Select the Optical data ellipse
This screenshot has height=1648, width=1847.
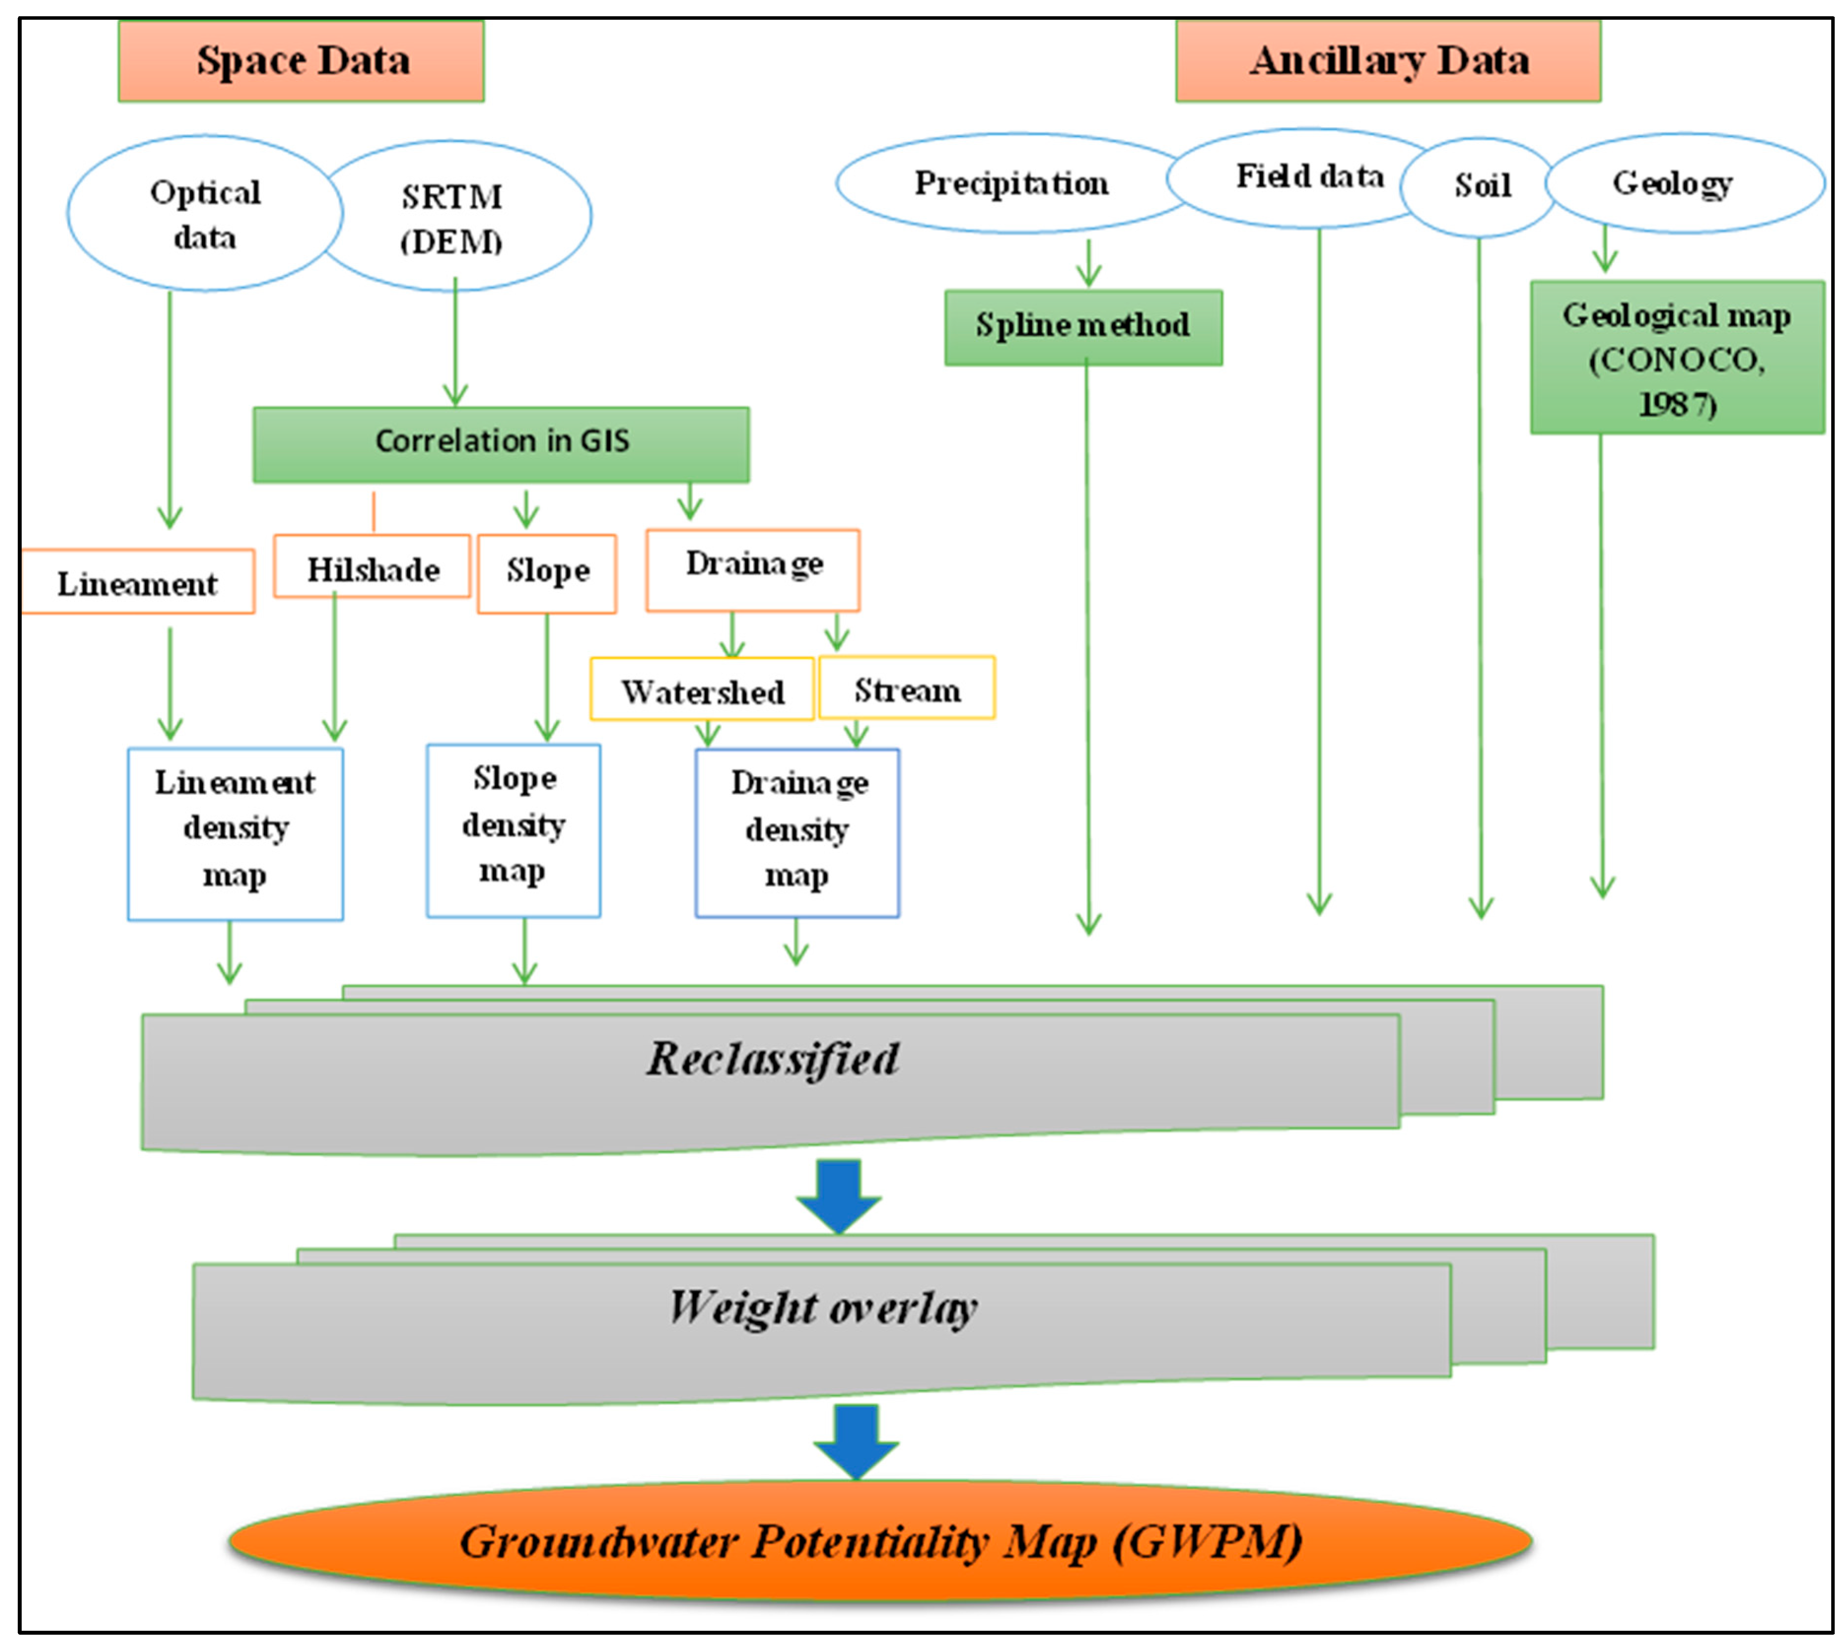pos(205,214)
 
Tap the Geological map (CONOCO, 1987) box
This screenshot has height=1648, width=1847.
pos(1677,358)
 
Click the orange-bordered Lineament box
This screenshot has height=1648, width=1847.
pos(137,582)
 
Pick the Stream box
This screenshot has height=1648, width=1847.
pos(906,689)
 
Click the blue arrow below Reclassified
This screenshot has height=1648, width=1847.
pos(838,1194)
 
